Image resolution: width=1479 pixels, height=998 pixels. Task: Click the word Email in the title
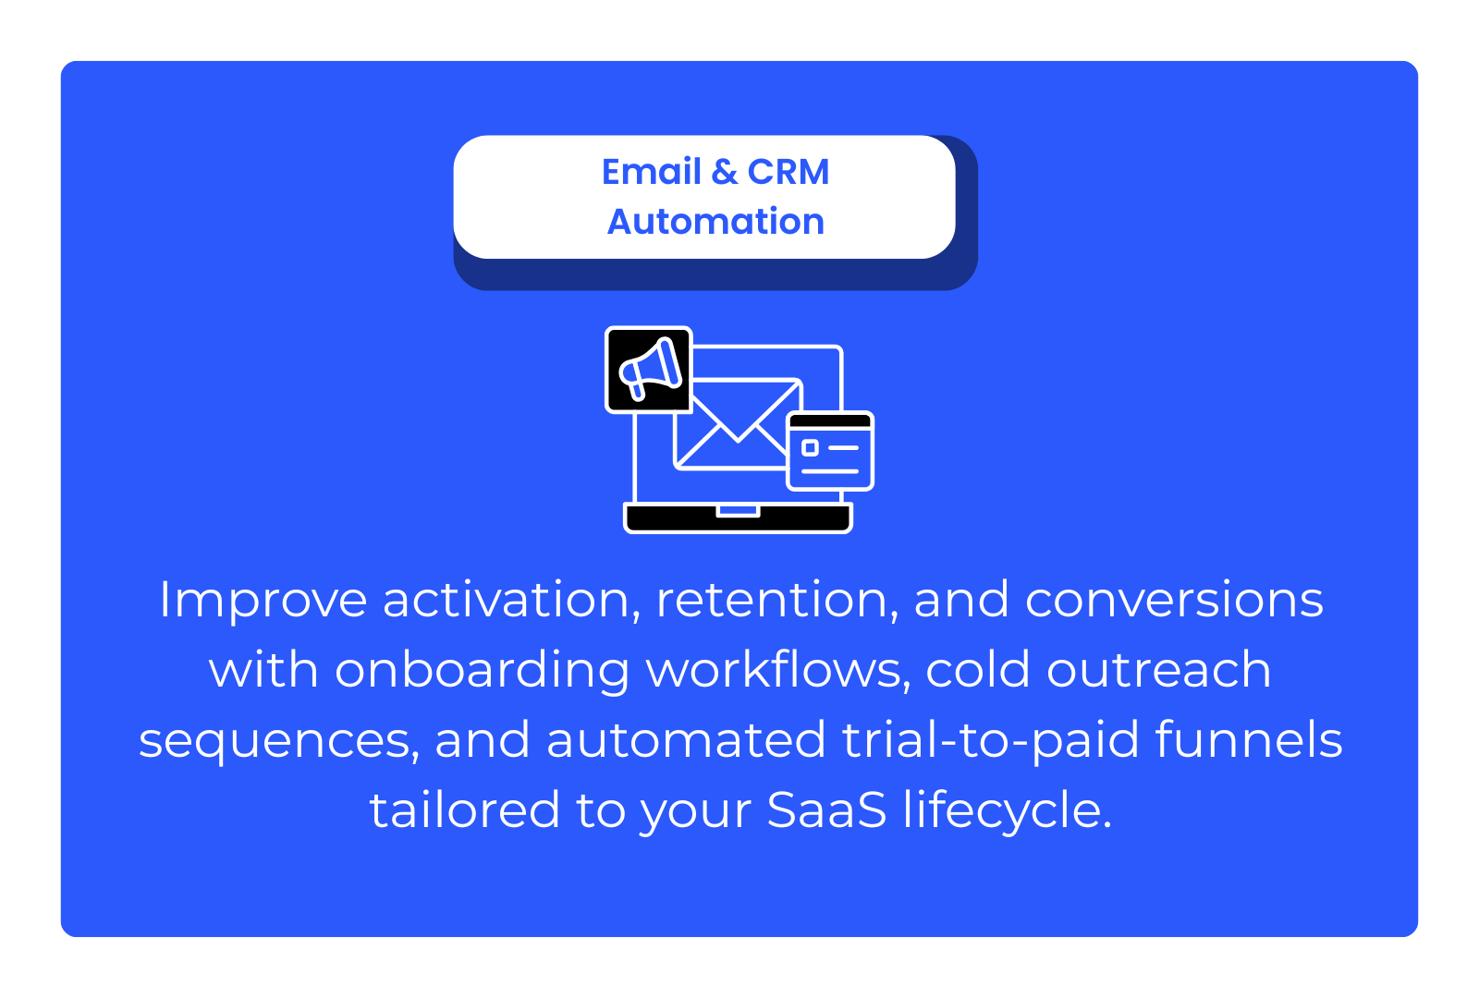[x=651, y=172]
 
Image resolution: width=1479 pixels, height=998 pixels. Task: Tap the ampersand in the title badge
[x=725, y=172]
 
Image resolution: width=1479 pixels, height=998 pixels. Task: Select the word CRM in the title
[x=788, y=172]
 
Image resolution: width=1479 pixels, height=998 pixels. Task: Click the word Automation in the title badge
[x=715, y=221]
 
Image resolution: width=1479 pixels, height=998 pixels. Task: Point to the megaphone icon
[x=648, y=370]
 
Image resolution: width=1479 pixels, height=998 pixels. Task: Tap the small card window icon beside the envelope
[x=831, y=451]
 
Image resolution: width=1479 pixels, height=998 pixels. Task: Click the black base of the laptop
[x=739, y=518]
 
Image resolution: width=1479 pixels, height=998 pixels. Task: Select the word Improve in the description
[x=263, y=601]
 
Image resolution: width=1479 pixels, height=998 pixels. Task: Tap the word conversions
[x=1174, y=600]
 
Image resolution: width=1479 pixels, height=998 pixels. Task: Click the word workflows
[x=778, y=669]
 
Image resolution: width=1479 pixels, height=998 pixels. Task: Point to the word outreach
[x=1159, y=669]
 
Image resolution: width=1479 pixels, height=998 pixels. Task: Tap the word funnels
[x=1249, y=739]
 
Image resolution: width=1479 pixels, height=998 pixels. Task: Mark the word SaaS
[x=826, y=809]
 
